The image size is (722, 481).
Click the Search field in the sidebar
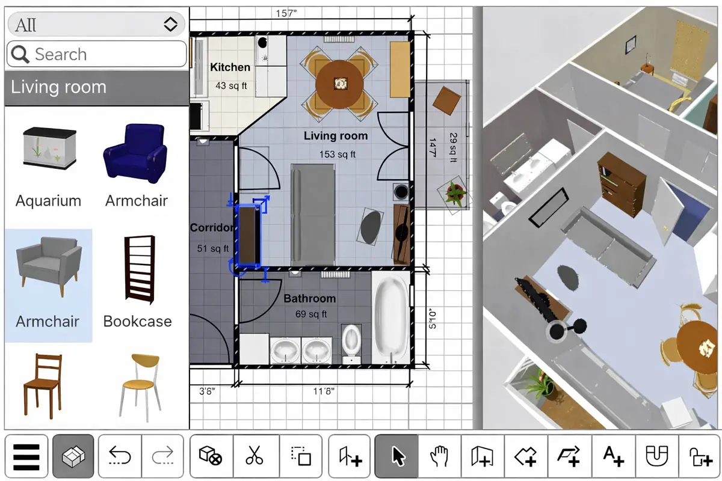click(x=96, y=54)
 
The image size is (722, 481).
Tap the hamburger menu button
click(x=26, y=456)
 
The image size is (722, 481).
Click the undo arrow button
click(x=120, y=456)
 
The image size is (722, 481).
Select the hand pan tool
click(x=439, y=456)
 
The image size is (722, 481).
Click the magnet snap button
click(x=657, y=456)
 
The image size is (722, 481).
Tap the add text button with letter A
click(x=613, y=456)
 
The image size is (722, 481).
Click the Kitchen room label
click(x=230, y=67)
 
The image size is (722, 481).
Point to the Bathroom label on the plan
click(x=310, y=299)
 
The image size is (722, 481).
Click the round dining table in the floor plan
click(x=339, y=84)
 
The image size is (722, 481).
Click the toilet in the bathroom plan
click(x=351, y=343)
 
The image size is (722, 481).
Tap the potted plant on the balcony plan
click(x=455, y=194)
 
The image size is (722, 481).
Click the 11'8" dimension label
click(x=324, y=391)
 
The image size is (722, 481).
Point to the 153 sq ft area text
click(x=337, y=155)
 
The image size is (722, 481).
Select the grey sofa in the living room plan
click(x=313, y=215)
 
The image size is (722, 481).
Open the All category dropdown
click(x=96, y=24)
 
